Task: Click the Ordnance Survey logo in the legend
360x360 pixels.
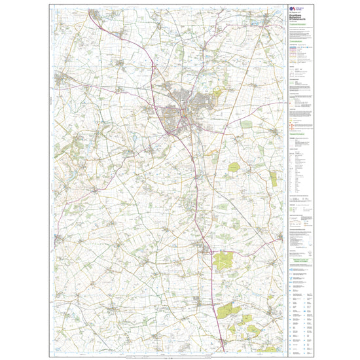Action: pos(293,9)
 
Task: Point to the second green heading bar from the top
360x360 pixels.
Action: pos(298,39)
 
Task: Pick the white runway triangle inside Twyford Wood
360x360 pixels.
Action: pos(224,262)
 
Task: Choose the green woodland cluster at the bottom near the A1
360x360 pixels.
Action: pos(229,313)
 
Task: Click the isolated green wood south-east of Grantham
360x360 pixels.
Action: pos(234,168)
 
